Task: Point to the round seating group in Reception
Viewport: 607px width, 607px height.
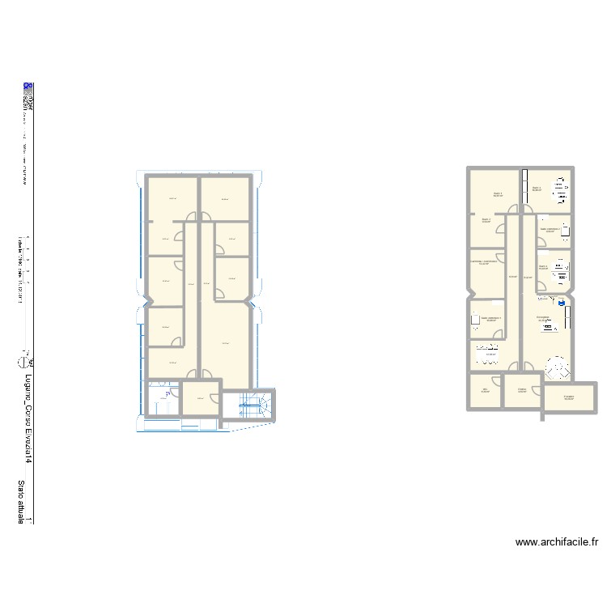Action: tap(557, 367)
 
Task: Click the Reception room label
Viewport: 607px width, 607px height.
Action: tap(543, 317)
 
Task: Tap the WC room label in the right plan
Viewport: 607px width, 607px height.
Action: tap(486, 389)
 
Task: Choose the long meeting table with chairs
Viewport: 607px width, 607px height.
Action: tap(489, 353)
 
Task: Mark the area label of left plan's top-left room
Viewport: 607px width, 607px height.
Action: tap(172, 199)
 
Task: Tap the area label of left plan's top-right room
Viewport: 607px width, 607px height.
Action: tap(225, 199)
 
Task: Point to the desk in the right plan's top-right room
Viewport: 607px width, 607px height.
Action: tap(559, 189)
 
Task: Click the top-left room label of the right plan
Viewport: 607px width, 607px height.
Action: tap(498, 193)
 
